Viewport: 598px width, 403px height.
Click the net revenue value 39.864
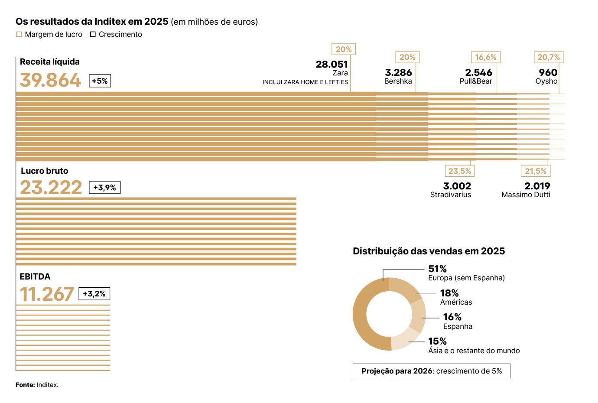[x=50, y=80]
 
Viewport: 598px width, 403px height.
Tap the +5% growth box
[x=100, y=81]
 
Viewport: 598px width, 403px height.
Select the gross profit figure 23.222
[x=51, y=188]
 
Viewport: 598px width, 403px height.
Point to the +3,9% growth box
[x=104, y=188]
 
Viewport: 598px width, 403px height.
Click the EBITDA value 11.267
[x=47, y=294]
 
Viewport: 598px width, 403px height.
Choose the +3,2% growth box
[x=94, y=294]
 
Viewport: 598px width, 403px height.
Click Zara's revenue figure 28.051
[x=331, y=65]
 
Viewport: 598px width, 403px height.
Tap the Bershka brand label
[x=398, y=81]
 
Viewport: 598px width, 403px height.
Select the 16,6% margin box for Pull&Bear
[x=485, y=57]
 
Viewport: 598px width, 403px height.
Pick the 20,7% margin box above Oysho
[x=548, y=57]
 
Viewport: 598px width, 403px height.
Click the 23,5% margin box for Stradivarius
[x=459, y=171]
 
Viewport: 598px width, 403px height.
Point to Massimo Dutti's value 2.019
[x=537, y=186]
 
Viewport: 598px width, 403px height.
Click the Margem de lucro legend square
[x=19, y=34]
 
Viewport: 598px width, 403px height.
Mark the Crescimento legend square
[x=93, y=34]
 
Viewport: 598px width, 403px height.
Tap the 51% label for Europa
[x=437, y=269]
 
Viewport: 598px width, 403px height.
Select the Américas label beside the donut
[x=456, y=302]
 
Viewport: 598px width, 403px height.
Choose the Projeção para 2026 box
[x=431, y=371]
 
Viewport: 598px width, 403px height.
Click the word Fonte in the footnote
[x=25, y=385]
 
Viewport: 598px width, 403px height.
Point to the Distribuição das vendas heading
[x=429, y=251]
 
